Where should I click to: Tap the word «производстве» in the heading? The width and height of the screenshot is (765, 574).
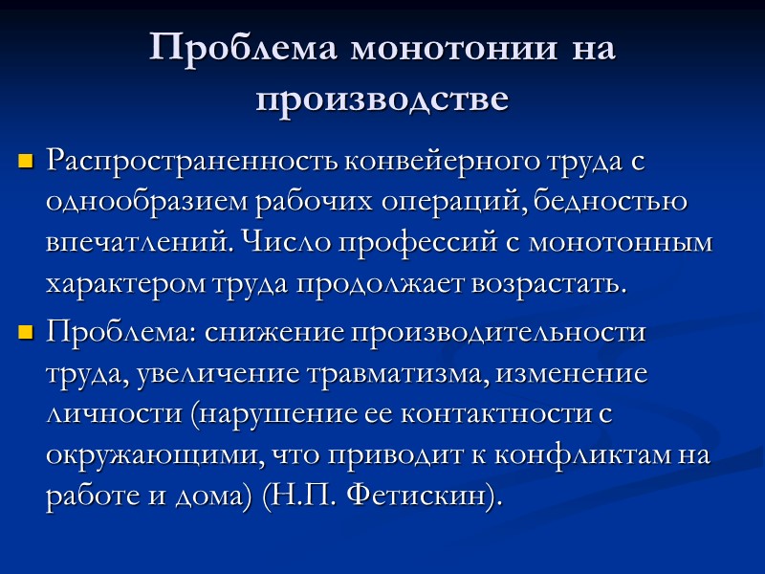click(382, 99)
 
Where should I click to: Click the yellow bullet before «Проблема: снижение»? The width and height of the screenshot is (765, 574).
click(26, 333)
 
